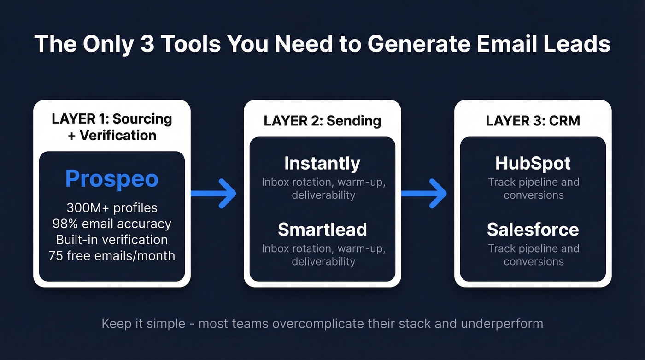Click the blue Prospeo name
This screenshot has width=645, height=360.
pos(111,179)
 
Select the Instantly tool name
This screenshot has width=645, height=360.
pos(322,163)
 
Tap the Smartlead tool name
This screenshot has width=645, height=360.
pos(322,230)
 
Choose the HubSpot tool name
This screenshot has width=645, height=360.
pos(533,163)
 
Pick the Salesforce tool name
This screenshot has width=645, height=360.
pos(533,230)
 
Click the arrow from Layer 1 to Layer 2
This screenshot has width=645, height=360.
pos(214,194)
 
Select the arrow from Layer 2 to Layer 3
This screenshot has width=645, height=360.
pos(424,194)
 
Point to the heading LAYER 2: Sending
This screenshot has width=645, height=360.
pos(322,121)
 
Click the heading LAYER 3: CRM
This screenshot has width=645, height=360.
pos(533,121)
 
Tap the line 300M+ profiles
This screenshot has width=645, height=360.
pos(111,208)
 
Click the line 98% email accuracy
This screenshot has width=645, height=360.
pos(111,224)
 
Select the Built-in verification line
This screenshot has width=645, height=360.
pos(111,240)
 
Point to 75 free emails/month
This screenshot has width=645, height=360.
pos(111,255)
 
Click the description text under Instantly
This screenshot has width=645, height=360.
pos(323,189)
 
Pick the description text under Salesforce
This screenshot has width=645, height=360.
pos(533,255)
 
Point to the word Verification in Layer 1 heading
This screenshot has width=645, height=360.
pos(118,135)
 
